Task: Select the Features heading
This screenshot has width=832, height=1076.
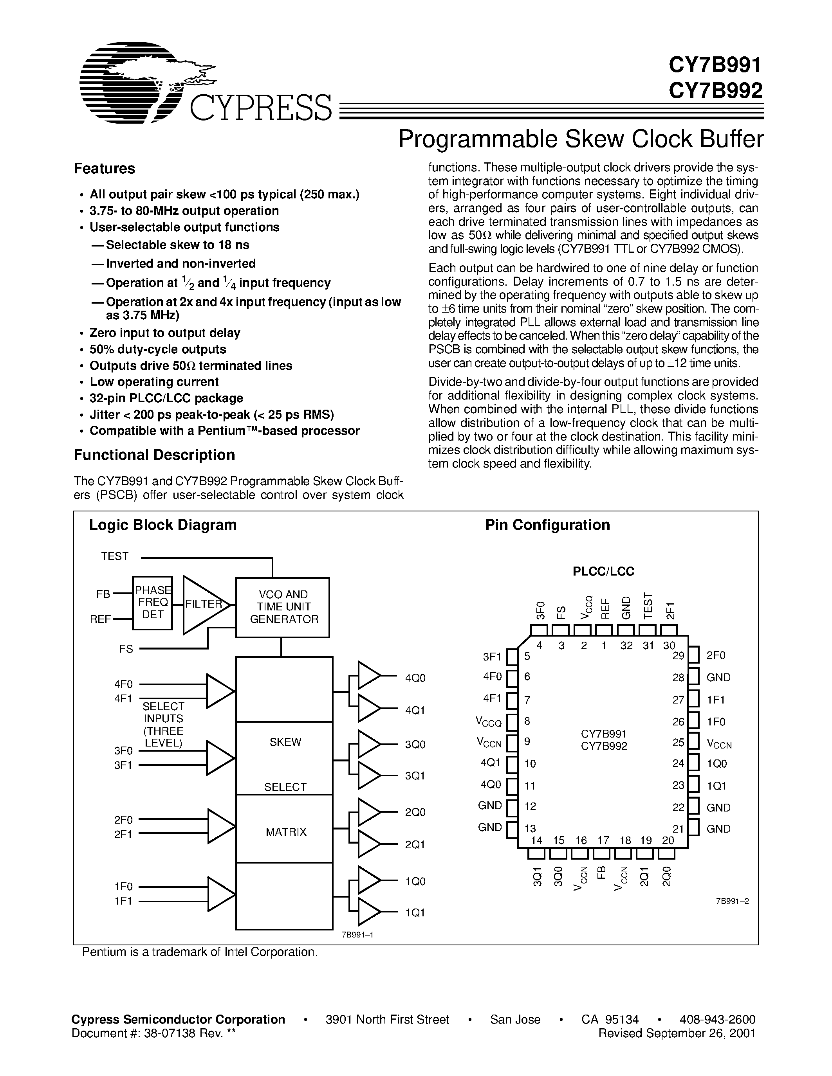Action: click(x=105, y=169)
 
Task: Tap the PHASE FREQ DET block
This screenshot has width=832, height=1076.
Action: click(x=153, y=602)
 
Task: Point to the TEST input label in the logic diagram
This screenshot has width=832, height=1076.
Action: click(x=115, y=556)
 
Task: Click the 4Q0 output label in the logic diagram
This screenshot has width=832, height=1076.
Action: click(x=415, y=678)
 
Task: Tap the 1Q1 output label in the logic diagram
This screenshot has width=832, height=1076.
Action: click(x=415, y=912)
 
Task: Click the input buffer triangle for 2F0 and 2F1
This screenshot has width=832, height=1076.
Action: click(x=221, y=826)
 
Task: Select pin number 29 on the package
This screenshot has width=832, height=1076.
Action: click(x=678, y=656)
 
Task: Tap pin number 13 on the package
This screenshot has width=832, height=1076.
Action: click(x=531, y=829)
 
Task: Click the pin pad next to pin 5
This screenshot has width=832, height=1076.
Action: click(x=513, y=657)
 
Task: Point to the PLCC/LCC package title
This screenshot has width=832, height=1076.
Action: click(x=603, y=572)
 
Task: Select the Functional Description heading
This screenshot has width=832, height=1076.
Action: click(x=154, y=455)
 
